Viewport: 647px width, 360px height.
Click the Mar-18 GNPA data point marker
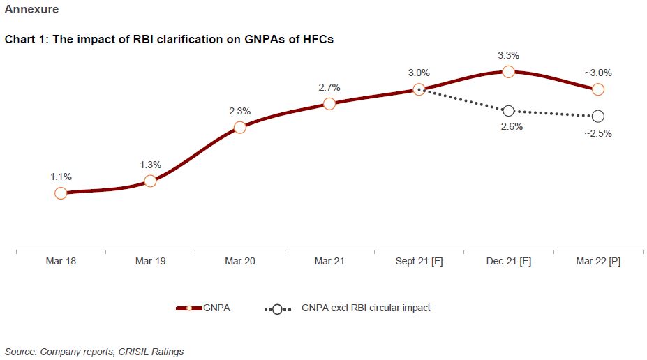61,193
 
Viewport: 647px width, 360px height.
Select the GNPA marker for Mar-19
150,181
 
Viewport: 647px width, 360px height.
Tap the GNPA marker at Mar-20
239,127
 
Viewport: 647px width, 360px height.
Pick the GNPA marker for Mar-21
329,103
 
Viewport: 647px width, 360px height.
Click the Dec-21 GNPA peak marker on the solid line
508,71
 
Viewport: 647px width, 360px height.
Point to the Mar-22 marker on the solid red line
597,89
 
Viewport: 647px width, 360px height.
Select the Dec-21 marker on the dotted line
508,110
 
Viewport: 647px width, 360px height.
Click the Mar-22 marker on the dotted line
597,116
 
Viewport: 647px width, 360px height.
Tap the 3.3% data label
508,55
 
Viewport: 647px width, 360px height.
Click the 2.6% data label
508,127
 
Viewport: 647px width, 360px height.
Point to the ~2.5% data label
597,133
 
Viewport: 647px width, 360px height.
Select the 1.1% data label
61,177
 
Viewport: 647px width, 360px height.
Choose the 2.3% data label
239,110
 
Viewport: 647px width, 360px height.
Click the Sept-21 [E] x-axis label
419,262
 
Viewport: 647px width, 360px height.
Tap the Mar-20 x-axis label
239,262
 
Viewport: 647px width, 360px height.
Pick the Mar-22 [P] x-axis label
597,262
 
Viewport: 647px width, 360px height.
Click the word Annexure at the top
31,10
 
